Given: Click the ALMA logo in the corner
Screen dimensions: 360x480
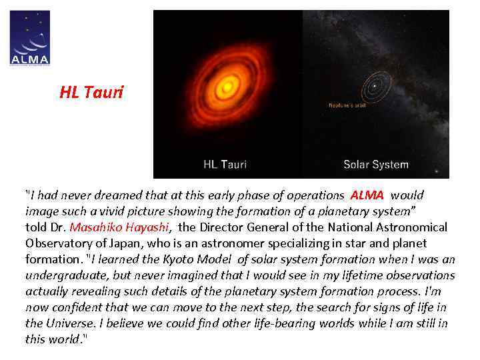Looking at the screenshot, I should [30, 38].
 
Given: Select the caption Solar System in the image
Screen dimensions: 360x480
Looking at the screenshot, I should [375, 164].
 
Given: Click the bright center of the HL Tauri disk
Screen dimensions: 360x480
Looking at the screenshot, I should [229, 85].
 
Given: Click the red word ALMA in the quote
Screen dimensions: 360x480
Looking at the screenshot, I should [367, 195].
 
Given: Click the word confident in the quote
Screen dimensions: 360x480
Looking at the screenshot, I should [77, 307].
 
